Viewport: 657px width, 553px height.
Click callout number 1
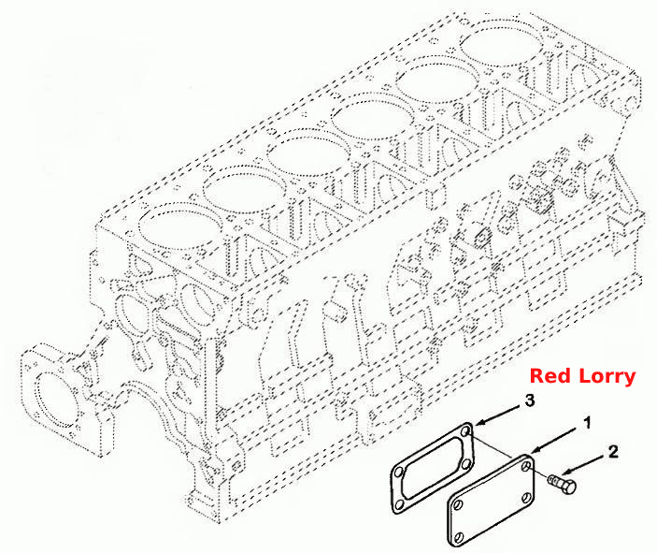click(x=588, y=423)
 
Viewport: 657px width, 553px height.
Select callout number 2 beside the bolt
click(x=612, y=452)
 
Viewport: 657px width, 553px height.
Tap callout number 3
click(x=530, y=400)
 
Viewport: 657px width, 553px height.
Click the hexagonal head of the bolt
click(x=567, y=487)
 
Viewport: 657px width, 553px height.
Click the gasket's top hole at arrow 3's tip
click(x=466, y=431)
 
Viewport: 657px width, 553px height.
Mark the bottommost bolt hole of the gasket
click(x=400, y=504)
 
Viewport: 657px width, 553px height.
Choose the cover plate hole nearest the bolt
click(x=527, y=465)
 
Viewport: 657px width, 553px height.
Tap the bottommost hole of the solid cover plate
click(x=459, y=537)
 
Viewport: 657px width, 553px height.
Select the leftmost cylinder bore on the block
click(x=180, y=227)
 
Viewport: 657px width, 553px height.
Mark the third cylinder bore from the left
click(x=307, y=153)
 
